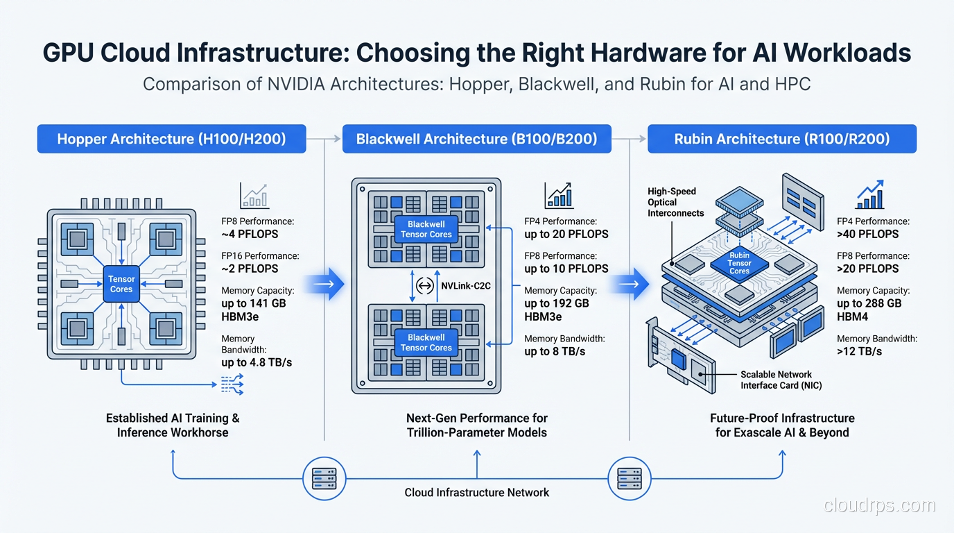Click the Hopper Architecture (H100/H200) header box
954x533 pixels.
171,139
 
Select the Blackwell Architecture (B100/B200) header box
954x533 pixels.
476,139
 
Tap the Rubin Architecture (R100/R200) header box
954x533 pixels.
781,139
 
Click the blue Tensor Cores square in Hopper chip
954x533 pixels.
121,284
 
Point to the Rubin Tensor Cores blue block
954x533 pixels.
739,263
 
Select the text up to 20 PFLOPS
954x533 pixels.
566,234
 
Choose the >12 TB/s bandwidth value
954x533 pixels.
859,351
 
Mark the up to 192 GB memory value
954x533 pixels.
556,303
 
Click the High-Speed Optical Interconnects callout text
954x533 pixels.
675,202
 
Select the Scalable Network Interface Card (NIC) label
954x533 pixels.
780,380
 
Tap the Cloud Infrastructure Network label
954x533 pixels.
476,492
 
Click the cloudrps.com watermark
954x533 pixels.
879,506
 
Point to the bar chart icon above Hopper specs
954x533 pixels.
254,196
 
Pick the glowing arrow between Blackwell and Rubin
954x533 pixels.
632,285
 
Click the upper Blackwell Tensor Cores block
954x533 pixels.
426,229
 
